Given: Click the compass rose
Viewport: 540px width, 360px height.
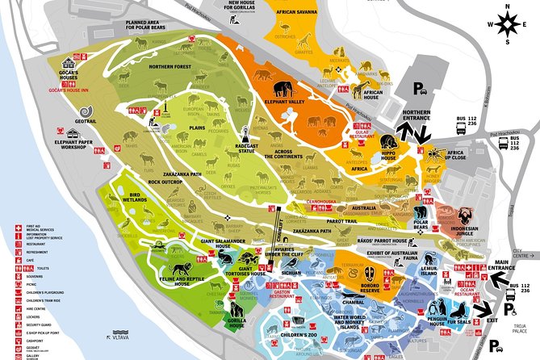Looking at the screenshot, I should point(505,23).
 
